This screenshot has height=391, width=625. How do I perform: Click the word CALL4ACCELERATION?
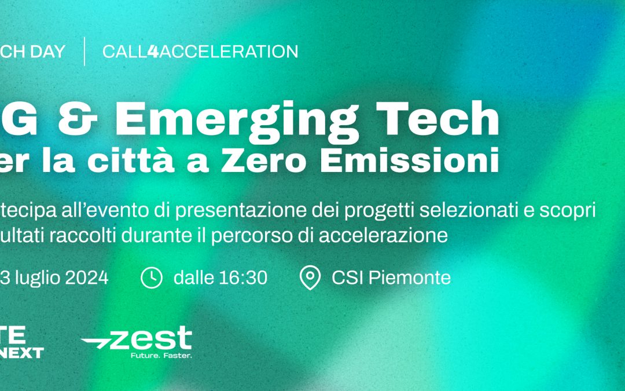(200, 52)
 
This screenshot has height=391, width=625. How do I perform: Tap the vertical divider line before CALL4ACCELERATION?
(84, 52)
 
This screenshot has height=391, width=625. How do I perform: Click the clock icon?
(152, 278)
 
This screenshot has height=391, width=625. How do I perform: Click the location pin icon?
(310, 278)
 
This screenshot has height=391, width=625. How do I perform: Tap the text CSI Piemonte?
(391, 278)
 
